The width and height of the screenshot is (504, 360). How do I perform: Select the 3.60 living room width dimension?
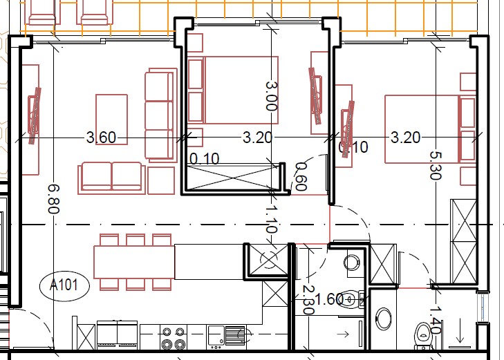(x=101, y=138)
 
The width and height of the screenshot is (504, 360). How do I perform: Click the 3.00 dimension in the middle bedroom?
(x=270, y=95)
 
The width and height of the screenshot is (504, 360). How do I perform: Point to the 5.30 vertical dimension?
(x=435, y=166)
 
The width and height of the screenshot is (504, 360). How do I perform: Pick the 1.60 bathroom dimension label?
(x=329, y=299)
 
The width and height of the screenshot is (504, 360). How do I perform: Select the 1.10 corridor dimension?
(x=272, y=220)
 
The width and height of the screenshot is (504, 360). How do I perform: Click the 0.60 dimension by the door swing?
(x=301, y=176)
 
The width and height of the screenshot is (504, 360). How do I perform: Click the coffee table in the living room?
(x=111, y=119)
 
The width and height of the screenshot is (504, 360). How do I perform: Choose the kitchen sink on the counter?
(x=217, y=335)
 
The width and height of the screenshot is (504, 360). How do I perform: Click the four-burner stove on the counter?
(x=173, y=337)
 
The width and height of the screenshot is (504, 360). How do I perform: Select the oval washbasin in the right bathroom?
(x=384, y=319)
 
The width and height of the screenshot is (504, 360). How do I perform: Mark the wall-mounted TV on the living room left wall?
(x=34, y=115)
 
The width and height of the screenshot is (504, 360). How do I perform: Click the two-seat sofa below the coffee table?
(x=111, y=176)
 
